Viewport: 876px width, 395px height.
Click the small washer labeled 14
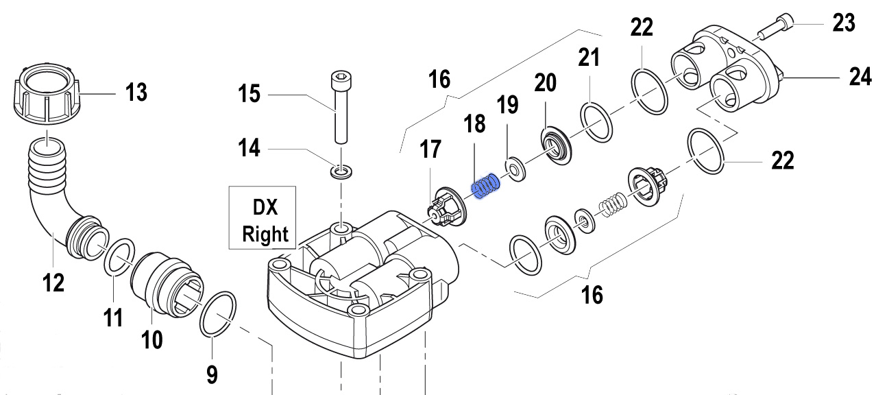pyautogui.click(x=339, y=169)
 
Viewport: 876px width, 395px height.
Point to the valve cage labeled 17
pyautogui.click(x=443, y=206)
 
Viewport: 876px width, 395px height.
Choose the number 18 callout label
pyautogui.click(x=474, y=124)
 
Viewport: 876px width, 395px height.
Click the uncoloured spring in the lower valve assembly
pyautogui.click(x=611, y=204)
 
